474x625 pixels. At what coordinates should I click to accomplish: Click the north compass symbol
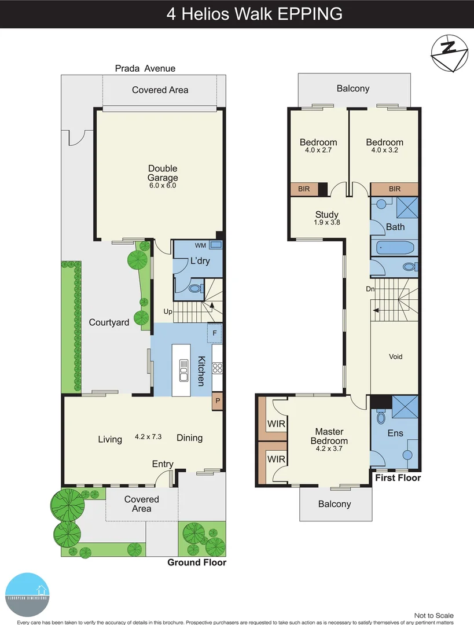coord(449,53)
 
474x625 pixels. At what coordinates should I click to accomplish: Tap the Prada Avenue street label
coord(145,68)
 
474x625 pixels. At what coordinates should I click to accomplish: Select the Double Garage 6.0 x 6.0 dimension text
coord(163,186)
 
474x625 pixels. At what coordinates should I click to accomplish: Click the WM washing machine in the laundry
coord(215,245)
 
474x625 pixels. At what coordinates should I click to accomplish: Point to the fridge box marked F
coord(215,333)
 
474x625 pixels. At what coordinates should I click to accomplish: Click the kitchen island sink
coord(184,370)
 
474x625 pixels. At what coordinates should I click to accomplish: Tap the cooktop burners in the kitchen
coord(218,367)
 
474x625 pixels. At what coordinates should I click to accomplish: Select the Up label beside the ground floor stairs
coord(168,312)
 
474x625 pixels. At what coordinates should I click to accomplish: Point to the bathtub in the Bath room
coord(396,248)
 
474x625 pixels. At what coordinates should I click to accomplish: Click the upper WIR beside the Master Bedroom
coord(276,424)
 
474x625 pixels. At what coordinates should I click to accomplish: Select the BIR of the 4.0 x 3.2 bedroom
coord(395,189)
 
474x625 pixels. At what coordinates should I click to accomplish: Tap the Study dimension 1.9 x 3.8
coord(326,223)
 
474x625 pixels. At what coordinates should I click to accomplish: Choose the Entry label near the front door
coord(163,464)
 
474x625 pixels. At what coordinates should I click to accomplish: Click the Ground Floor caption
coord(196,562)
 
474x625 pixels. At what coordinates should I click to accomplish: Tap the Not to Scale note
coord(433,615)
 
